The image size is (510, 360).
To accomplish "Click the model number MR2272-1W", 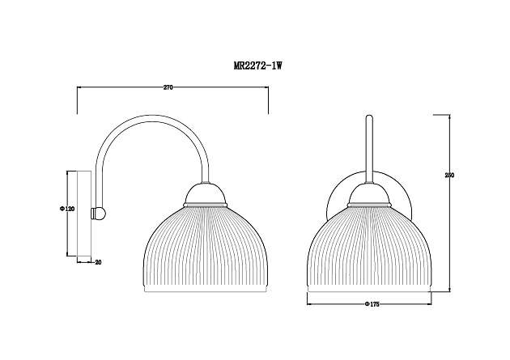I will [x=257, y=69].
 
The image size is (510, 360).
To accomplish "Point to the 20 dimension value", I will [x=98, y=261].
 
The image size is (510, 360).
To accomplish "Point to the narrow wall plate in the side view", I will [x=84, y=214].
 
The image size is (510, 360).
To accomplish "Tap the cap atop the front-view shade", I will [x=369, y=193].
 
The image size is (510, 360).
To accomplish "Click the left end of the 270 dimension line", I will [x=77, y=87].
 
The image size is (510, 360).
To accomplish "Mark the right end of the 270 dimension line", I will [x=269, y=87].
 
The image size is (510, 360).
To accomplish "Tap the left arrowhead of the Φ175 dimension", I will [x=309, y=303].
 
